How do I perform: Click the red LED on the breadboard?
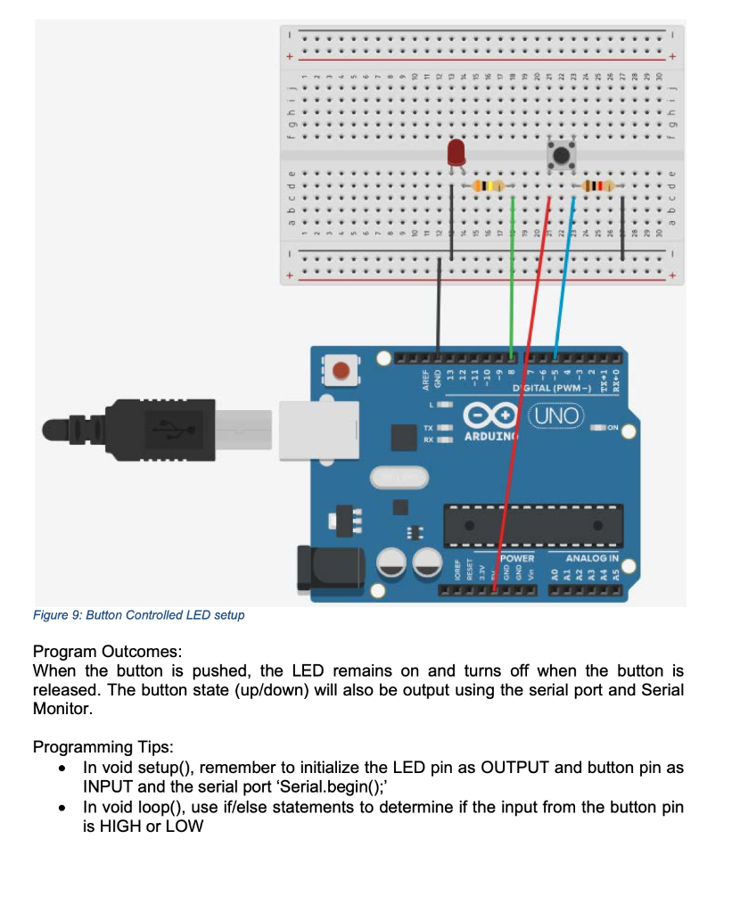[456, 152]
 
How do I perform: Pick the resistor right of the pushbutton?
[595, 186]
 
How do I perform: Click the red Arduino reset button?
[341, 369]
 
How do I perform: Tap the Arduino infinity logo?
[490, 416]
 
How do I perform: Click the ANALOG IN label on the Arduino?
[592, 557]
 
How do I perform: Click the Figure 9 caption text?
[138, 615]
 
